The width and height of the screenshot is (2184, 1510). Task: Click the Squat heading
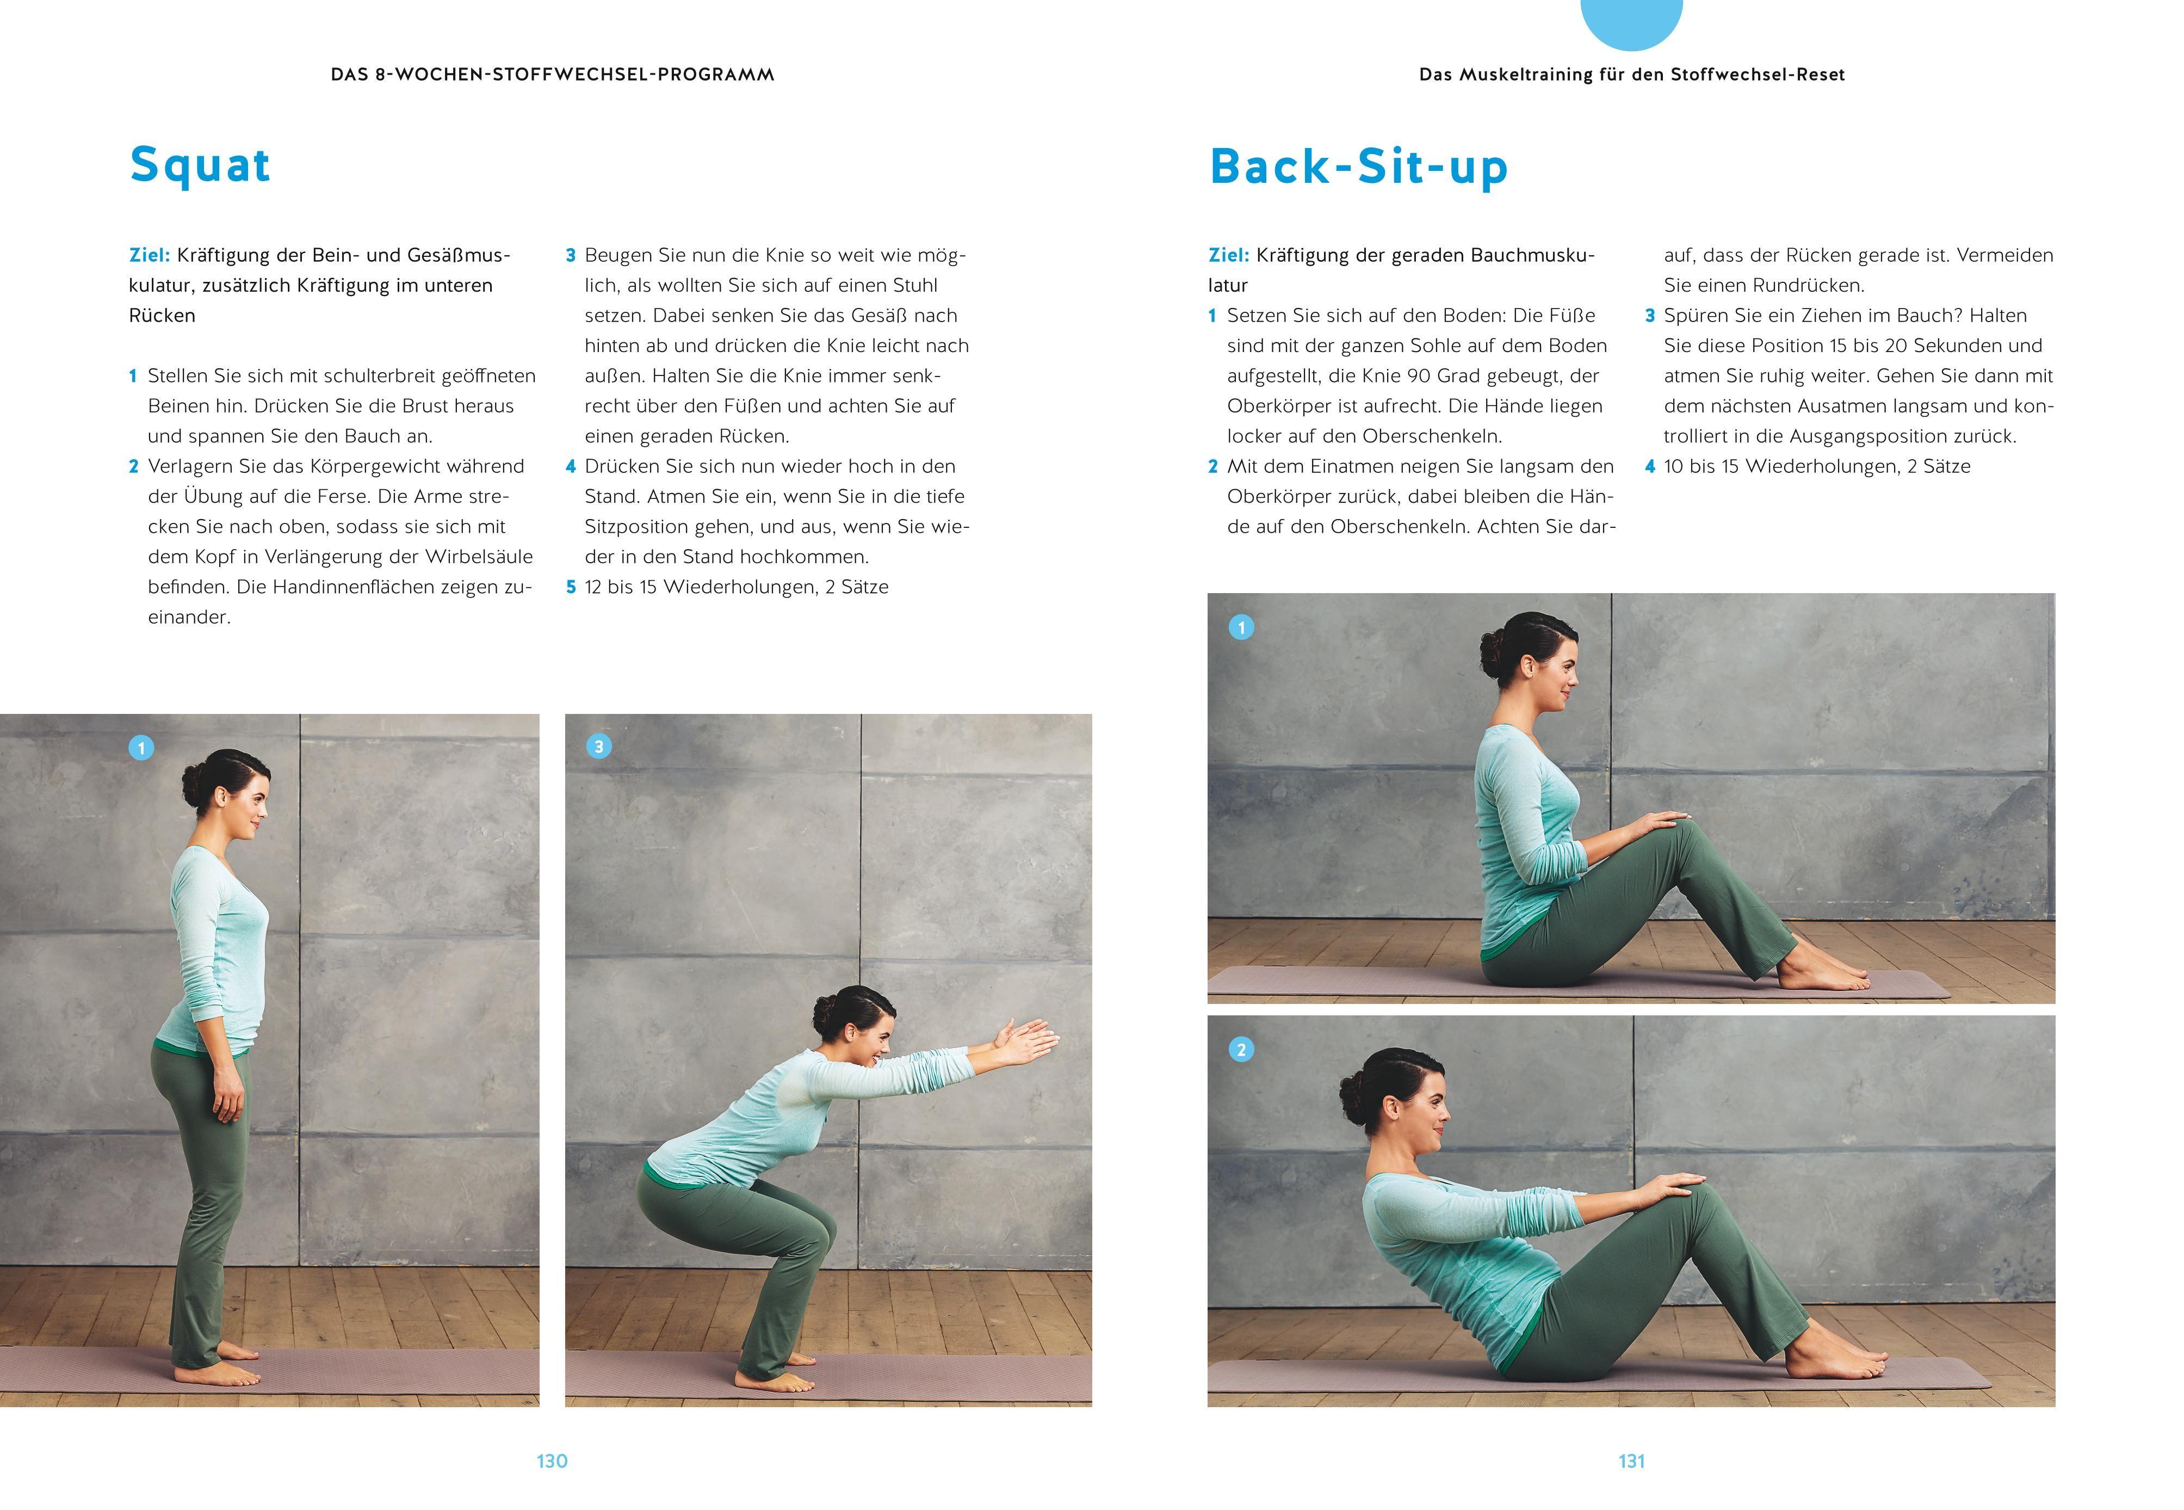click(x=201, y=165)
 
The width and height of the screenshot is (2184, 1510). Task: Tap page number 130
click(x=552, y=1461)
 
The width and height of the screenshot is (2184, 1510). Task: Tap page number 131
click(x=1632, y=1461)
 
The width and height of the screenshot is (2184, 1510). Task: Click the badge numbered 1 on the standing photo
click(x=141, y=748)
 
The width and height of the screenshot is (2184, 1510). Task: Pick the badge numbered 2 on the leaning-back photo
click(x=1241, y=1049)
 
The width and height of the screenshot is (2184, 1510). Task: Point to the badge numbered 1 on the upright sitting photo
click(x=1241, y=627)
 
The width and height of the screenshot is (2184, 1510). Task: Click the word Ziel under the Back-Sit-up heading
click(x=1229, y=255)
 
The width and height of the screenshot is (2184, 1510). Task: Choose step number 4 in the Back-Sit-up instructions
click(x=1650, y=466)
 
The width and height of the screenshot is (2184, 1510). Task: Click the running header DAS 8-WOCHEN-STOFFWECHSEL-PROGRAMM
click(x=552, y=75)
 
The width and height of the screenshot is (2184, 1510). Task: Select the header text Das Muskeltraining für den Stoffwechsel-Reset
click(x=1632, y=75)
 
